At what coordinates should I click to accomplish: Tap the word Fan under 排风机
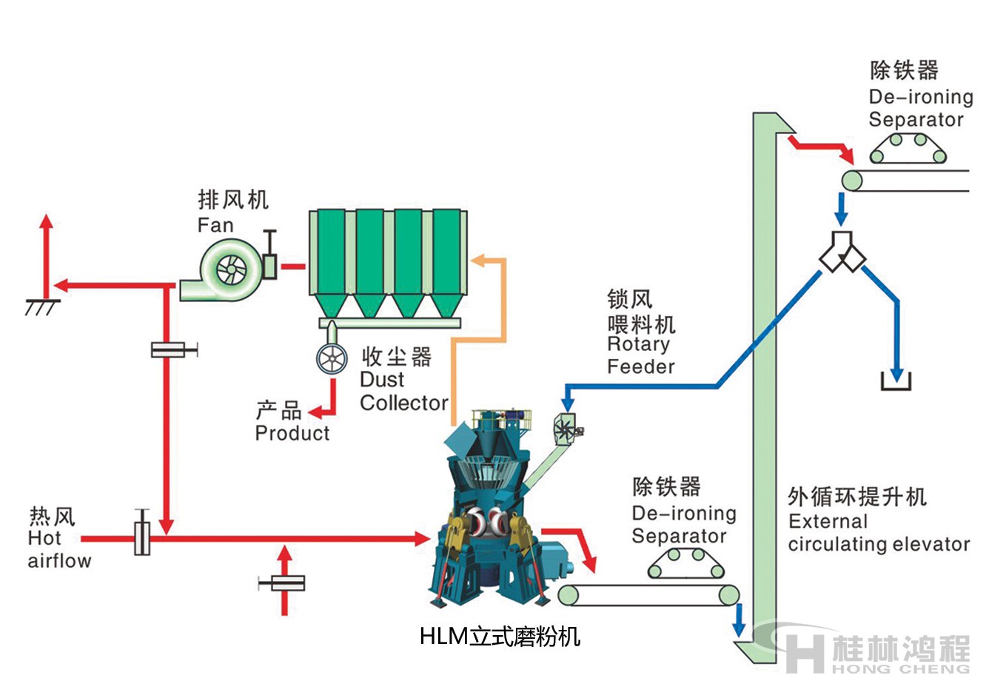click(215, 225)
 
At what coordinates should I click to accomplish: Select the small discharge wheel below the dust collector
click(332, 360)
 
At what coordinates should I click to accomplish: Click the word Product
click(292, 433)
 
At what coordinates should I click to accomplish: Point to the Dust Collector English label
click(403, 392)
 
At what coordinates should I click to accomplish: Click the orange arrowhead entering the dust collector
click(479, 260)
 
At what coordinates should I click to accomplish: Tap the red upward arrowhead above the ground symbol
click(47, 221)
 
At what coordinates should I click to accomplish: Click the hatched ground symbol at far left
click(42, 306)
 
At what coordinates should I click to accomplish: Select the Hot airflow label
click(59, 549)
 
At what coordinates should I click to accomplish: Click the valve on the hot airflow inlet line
click(142, 534)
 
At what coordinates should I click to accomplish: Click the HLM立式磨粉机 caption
click(500, 636)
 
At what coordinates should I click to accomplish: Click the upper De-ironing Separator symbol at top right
click(908, 148)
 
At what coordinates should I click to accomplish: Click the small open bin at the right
click(896, 382)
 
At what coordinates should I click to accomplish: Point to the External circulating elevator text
click(879, 533)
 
